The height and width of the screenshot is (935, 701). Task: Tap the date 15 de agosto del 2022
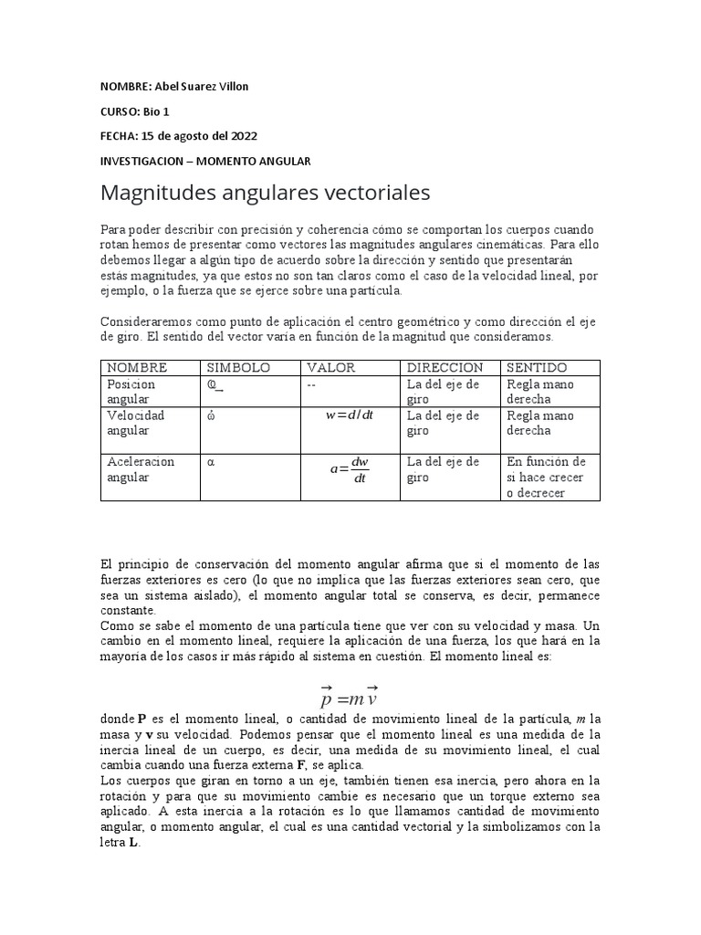[x=198, y=136]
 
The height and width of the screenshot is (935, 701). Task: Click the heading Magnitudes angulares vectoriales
[x=264, y=194]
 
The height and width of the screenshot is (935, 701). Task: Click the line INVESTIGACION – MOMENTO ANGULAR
[x=205, y=161]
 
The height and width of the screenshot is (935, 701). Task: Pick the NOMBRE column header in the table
[x=137, y=367]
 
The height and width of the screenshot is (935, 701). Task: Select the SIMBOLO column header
[x=239, y=367]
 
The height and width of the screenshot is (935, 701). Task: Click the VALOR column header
[x=330, y=367]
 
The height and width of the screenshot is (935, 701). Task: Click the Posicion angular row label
[x=131, y=392]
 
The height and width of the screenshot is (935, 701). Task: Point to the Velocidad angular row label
[x=135, y=423]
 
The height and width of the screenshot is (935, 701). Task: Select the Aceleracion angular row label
[x=140, y=469]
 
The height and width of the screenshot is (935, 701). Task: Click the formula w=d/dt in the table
[x=350, y=415]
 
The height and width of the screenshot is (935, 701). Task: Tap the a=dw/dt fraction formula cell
[x=350, y=471]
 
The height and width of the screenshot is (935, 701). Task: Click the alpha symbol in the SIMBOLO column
[x=211, y=462]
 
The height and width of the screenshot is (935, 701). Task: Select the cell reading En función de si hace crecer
[x=548, y=477]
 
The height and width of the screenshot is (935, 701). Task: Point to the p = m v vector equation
[x=350, y=699]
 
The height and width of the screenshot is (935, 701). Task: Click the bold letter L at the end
[x=134, y=843]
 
